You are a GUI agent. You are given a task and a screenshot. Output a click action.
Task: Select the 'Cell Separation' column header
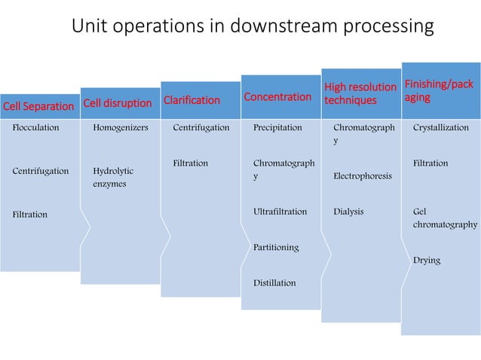click(x=38, y=106)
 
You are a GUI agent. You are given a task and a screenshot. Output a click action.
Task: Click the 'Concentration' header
click(x=277, y=96)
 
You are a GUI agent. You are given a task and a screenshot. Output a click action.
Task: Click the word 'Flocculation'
click(x=35, y=128)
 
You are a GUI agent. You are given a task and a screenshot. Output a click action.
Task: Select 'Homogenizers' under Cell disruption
click(x=121, y=128)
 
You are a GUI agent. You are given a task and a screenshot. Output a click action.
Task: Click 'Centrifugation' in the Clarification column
click(x=201, y=128)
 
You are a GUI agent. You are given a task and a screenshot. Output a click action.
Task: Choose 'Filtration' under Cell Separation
click(x=29, y=215)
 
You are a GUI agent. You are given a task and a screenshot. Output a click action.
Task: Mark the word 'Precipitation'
click(x=277, y=128)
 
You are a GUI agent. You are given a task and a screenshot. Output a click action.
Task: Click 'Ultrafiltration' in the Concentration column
click(x=280, y=212)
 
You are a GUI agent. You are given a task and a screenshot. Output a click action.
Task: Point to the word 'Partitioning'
click(x=276, y=247)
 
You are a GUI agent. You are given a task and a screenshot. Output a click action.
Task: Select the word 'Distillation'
click(x=274, y=282)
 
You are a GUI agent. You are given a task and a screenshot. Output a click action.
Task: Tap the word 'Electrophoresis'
click(x=362, y=176)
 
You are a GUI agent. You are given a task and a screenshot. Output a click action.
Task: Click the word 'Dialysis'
click(x=348, y=212)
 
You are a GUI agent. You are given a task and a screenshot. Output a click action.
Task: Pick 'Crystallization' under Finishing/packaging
click(x=440, y=128)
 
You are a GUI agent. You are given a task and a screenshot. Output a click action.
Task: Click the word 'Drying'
click(x=426, y=260)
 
